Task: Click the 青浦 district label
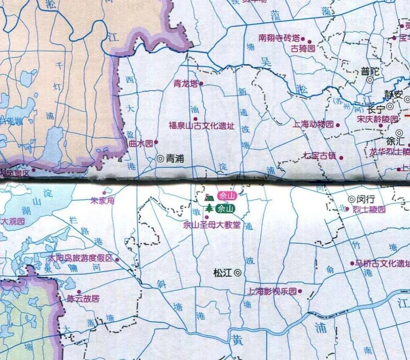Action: tap(175, 159)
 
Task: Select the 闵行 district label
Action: tap(366, 199)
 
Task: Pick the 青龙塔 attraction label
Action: tap(186, 84)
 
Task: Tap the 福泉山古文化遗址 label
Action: tap(202, 126)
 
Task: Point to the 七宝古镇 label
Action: tap(320, 155)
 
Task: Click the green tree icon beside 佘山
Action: tap(209, 208)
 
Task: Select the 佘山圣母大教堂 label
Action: tap(211, 225)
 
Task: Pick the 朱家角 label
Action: tap(102, 201)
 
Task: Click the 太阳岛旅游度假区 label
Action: tap(80, 258)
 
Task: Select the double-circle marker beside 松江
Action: tap(238, 272)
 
